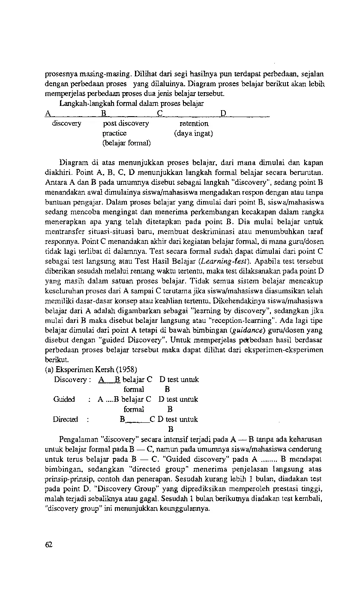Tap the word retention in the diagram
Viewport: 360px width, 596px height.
pyautogui.click(x=194, y=123)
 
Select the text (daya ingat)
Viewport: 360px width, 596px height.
pyautogui.click(x=193, y=133)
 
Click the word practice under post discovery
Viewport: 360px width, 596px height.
pyautogui.click(x=114, y=133)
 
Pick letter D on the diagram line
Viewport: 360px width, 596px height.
pyautogui.click(x=223, y=114)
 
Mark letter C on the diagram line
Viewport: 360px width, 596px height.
pyautogui.click(x=159, y=114)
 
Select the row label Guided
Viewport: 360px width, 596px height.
pyautogui.click(x=64, y=399)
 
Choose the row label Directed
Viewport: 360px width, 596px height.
pyautogui.click(x=66, y=419)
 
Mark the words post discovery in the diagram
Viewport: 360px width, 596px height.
pyautogui.click(x=126, y=123)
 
